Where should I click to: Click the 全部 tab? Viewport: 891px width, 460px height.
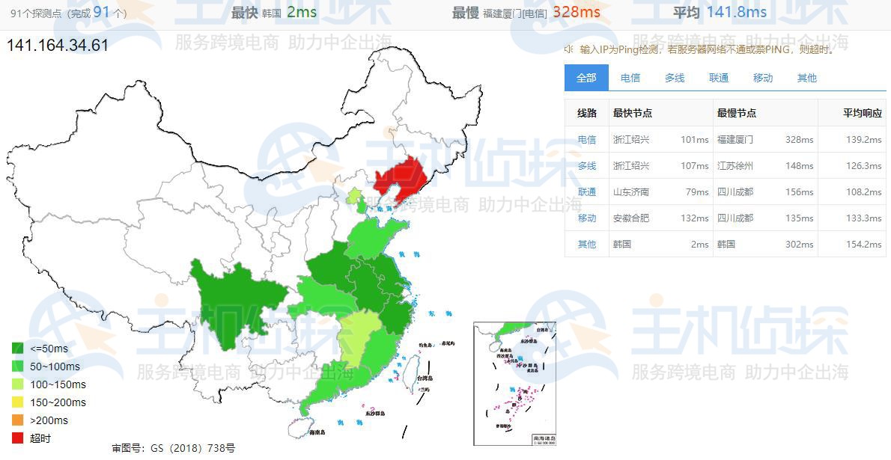pyautogui.click(x=586, y=78)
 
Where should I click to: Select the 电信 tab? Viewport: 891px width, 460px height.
pyautogui.click(x=630, y=78)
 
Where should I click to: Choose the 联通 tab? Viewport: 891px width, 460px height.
pyautogui.click(x=719, y=78)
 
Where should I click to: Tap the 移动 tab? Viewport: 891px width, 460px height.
pyautogui.click(x=763, y=78)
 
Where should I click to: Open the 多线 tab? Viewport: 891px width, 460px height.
pyautogui.click(x=675, y=78)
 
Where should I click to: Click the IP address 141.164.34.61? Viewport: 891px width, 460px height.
pyautogui.click(x=58, y=45)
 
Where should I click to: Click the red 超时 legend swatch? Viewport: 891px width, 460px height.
pyautogui.click(x=18, y=438)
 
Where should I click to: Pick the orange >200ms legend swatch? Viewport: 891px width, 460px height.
pyautogui.click(x=18, y=420)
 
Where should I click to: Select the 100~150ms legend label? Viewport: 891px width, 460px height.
pyautogui.click(x=58, y=384)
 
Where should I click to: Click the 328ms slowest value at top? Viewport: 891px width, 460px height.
pyautogui.click(x=577, y=12)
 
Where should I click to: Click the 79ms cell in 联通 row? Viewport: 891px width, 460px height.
pyautogui.click(x=697, y=192)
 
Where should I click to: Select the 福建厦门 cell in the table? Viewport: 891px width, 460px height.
pyautogui.click(x=735, y=140)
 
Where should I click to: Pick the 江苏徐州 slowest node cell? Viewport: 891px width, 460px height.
pyautogui.click(x=735, y=166)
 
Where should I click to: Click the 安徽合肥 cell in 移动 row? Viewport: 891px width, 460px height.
pyautogui.click(x=631, y=218)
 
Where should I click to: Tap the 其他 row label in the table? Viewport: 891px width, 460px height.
pyautogui.click(x=587, y=245)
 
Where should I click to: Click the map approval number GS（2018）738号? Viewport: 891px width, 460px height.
pyautogui.click(x=173, y=448)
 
